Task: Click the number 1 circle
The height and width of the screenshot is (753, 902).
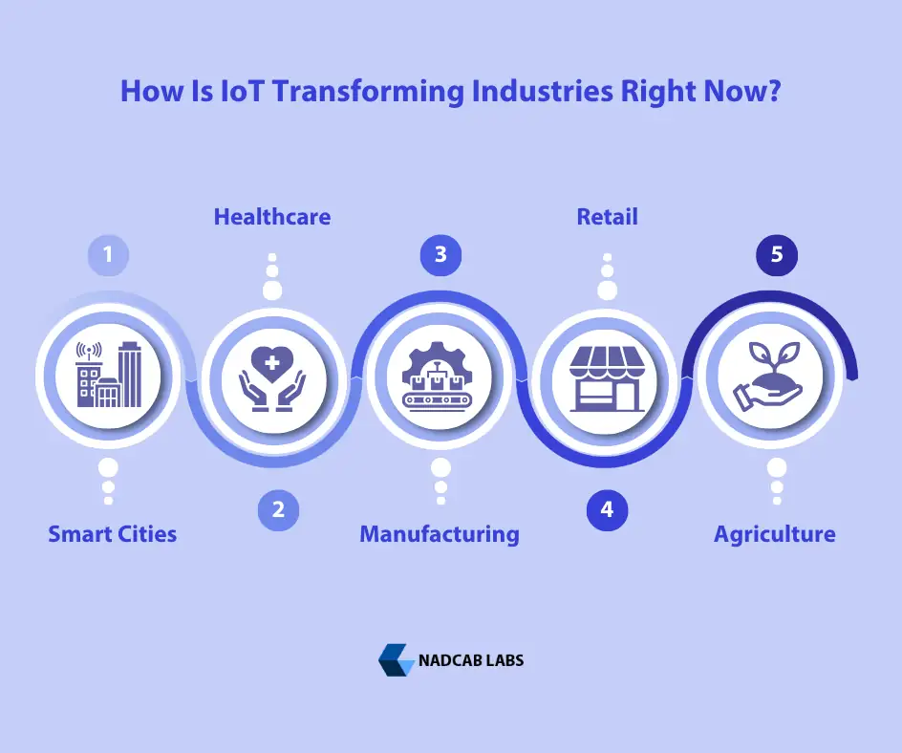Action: pyautogui.click(x=108, y=255)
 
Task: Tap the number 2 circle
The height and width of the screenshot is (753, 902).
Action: pyautogui.click(x=278, y=510)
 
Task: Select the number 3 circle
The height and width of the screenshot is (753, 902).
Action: pyautogui.click(x=440, y=255)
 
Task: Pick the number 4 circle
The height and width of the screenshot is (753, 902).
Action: pyautogui.click(x=607, y=510)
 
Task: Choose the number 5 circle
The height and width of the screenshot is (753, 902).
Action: pyautogui.click(x=777, y=255)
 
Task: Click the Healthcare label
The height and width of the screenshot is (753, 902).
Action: pyautogui.click(x=272, y=217)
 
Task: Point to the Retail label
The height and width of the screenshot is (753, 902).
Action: pyautogui.click(x=607, y=217)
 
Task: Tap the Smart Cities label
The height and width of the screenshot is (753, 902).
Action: pyautogui.click(x=113, y=533)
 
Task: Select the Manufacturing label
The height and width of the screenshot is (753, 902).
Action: pyautogui.click(x=440, y=533)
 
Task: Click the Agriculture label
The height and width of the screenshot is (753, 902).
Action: pyautogui.click(x=775, y=533)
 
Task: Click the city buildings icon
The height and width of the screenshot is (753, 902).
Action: pyautogui.click(x=108, y=376)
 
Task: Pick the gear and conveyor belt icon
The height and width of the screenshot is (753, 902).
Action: pyautogui.click(x=440, y=376)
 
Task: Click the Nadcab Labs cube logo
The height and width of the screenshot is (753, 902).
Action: pyautogui.click(x=396, y=660)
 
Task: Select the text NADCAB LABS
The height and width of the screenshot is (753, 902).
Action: pyautogui.click(x=471, y=660)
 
